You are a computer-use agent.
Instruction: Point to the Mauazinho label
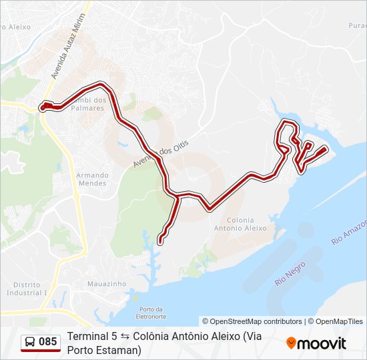click(x=107, y=283)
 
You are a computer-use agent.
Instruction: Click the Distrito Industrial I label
click(x=27, y=288)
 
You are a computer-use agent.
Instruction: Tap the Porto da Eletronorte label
click(x=152, y=312)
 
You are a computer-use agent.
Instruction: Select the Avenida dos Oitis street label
click(x=161, y=154)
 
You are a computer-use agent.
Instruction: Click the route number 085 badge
click(x=47, y=342)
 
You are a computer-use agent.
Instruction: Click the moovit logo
click(x=316, y=343)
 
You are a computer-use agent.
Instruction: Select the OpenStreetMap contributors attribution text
click(x=252, y=321)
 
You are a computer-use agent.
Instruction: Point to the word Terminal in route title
click(x=88, y=337)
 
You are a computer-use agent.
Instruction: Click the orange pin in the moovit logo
click(x=291, y=343)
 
